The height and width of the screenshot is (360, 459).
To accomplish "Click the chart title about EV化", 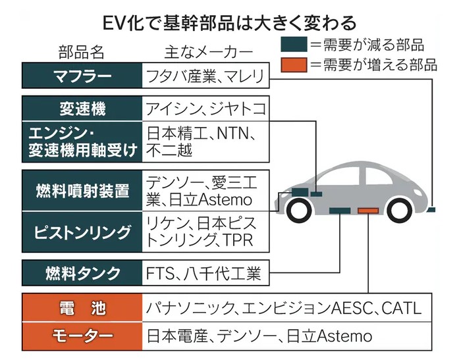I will coord(229,22).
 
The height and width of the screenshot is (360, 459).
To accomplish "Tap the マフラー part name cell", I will coord(82,75).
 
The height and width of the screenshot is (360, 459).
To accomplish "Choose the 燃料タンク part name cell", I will coord(82,272).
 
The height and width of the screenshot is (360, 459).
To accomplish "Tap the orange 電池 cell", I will coord(82,309).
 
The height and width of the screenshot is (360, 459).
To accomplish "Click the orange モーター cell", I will coord(82,336).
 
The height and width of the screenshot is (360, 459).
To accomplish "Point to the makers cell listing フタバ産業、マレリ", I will coord(205,75).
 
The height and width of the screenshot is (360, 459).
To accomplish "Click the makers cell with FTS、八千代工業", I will coord(205,272).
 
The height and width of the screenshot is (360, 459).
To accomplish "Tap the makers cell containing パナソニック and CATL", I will coord(283,309).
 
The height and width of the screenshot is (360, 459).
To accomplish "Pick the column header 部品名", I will coord(81,52).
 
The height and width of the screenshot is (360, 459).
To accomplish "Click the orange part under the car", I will coord(368,211).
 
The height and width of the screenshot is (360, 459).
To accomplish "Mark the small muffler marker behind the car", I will coord(431,210).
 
